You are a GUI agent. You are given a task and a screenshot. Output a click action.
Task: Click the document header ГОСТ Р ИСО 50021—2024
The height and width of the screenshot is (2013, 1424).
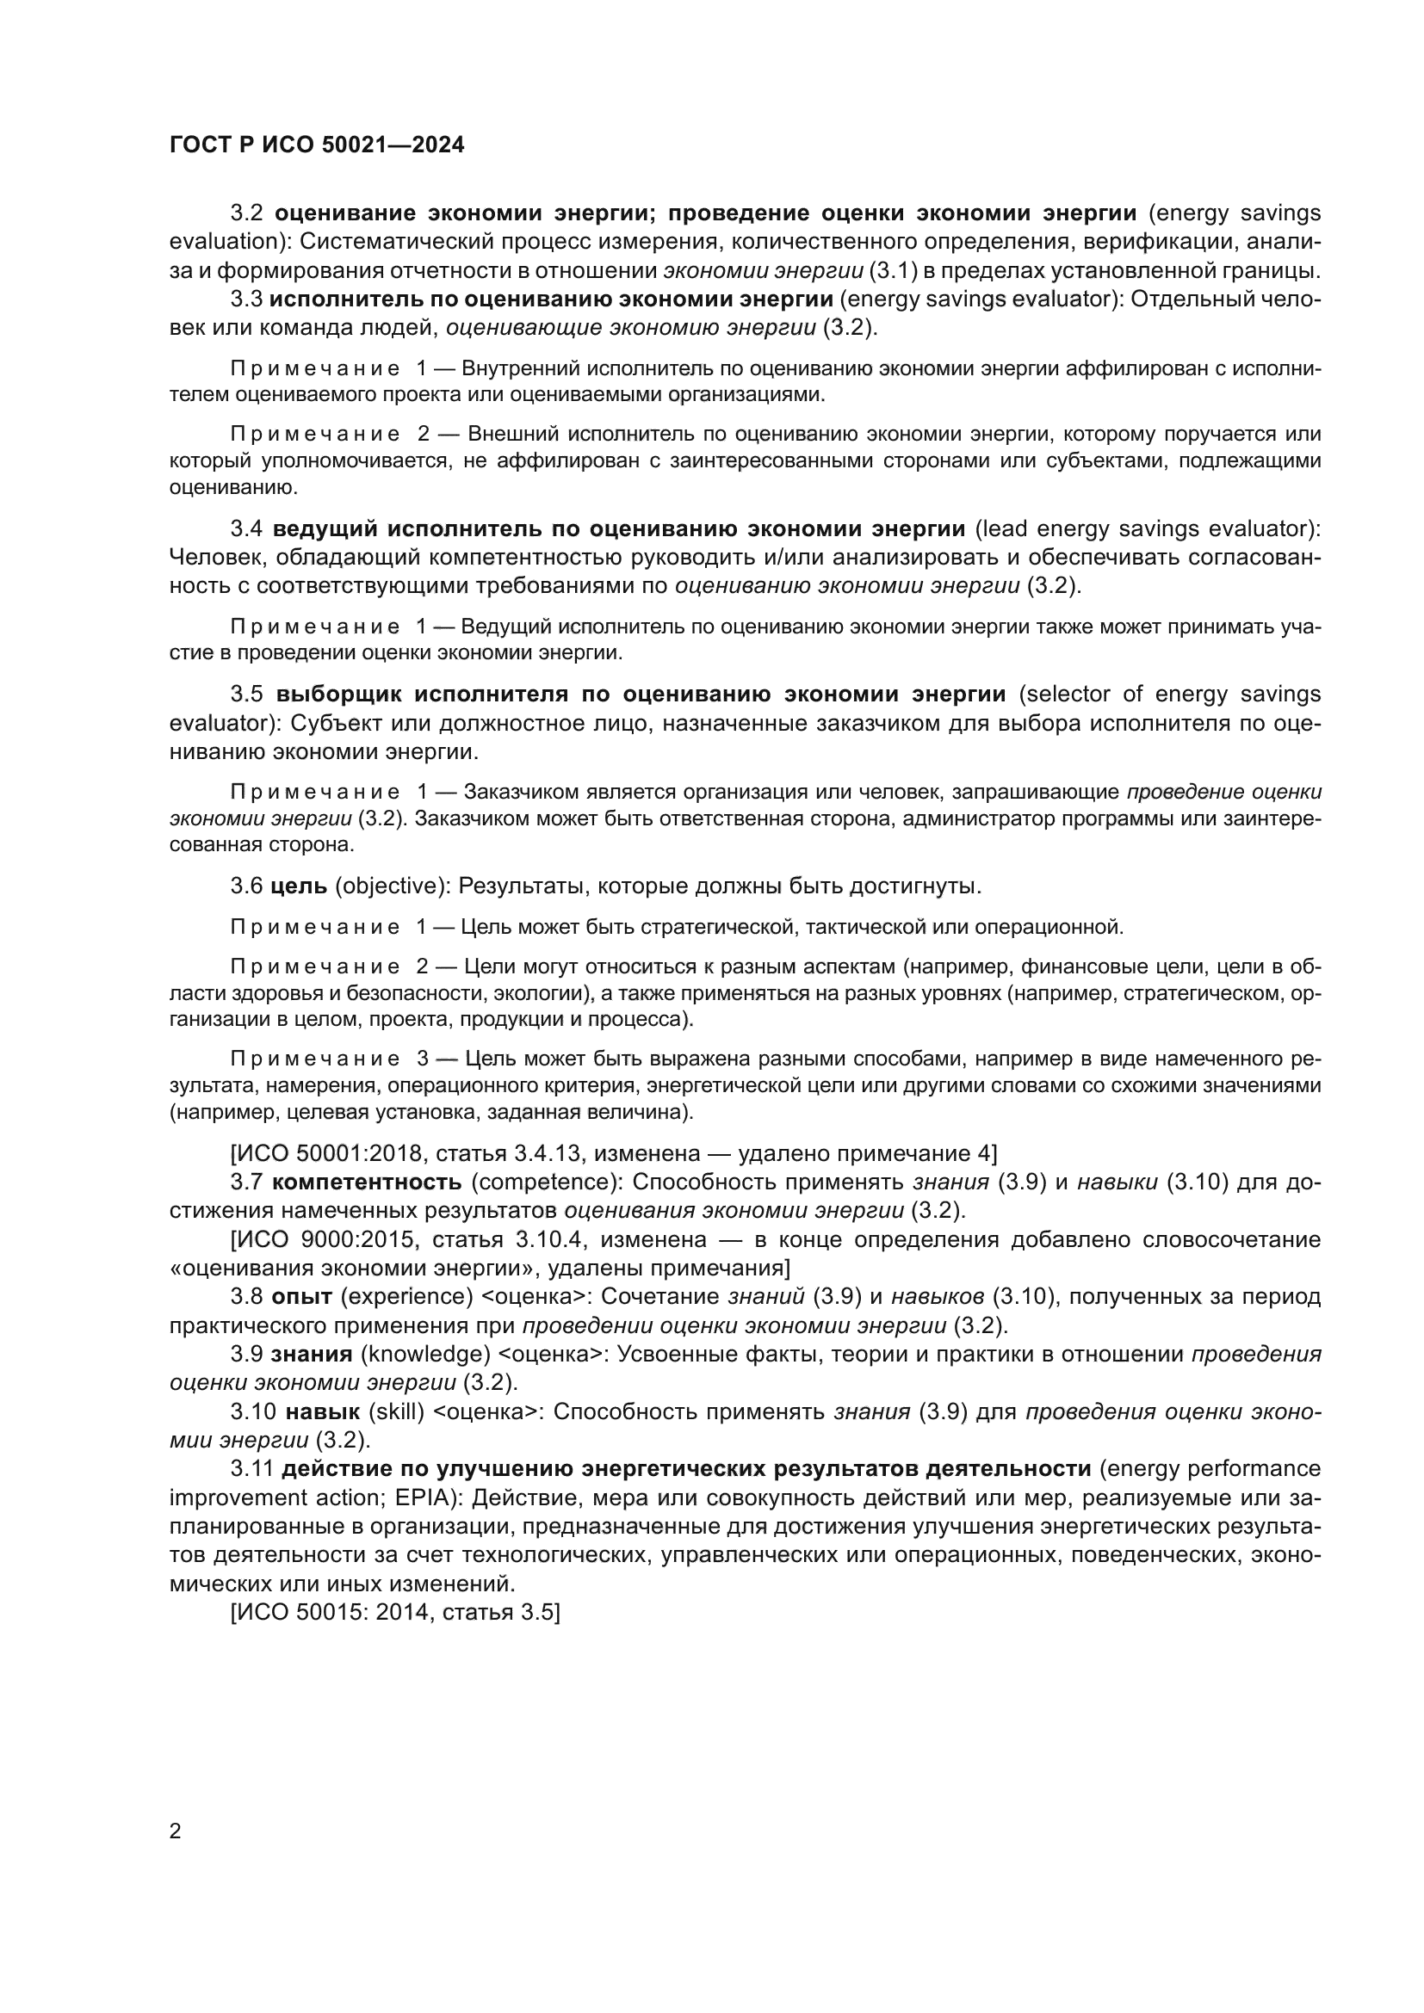pos(317,145)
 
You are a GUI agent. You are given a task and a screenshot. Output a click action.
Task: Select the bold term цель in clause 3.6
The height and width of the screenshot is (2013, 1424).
pos(299,886)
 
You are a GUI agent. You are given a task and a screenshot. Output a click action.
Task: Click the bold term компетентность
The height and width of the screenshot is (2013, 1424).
pos(367,1182)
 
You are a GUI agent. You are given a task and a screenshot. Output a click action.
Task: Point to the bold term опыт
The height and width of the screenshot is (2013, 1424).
pos(301,1296)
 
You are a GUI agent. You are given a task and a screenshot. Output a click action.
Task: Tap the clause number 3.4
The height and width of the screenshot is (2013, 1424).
pos(246,528)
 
